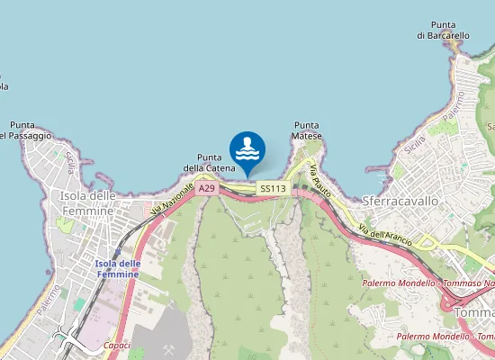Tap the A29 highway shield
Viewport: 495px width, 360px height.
(x=207, y=188)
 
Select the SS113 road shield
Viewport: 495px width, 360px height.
(x=272, y=189)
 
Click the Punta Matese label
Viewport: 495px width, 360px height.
(x=307, y=130)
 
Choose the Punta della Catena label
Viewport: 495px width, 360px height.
(x=210, y=162)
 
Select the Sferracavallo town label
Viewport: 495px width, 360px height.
(x=400, y=201)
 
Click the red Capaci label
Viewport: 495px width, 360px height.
(x=117, y=345)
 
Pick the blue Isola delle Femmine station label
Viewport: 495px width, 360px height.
(x=117, y=268)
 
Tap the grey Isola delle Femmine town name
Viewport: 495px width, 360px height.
(x=87, y=202)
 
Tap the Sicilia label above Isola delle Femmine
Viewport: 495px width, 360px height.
(x=68, y=162)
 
